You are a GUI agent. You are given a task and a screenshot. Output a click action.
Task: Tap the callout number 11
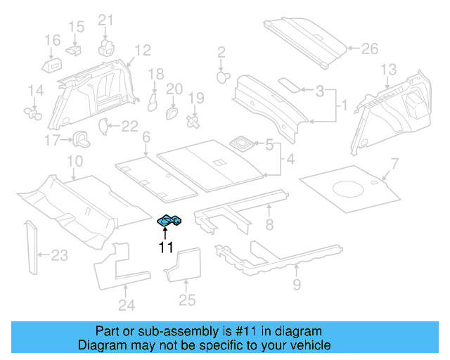click(166, 247)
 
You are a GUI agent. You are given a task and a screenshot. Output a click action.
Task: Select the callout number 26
click(370, 49)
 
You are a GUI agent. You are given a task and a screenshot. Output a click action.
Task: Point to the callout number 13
click(389, 69)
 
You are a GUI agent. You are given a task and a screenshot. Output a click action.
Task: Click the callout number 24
click(127, 304)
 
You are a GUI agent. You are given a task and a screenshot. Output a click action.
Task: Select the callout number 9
click(296, 284)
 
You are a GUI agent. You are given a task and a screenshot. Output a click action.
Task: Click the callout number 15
click(76, 27)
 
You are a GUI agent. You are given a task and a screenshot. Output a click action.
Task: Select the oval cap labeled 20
click(171, 112)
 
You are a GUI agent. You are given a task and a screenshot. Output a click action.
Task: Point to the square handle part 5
click(243, 143)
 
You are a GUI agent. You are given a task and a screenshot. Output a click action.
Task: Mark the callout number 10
click(74, 163)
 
